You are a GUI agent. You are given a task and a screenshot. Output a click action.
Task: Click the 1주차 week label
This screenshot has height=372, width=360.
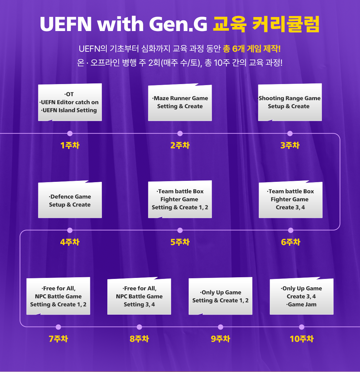pyautogui.click(x=70, y=145)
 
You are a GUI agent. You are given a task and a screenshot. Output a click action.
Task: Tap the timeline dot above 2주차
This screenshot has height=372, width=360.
pyautogui.click(x=180, y=133)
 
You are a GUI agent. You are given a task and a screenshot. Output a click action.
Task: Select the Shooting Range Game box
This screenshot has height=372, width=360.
pyautogui.click(x=290, y=102)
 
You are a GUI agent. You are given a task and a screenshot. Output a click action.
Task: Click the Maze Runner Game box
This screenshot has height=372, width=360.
pyautogui.click(x=180, y=102)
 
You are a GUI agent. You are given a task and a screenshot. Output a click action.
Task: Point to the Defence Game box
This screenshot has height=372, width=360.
pyautogui.click(x=70, y=200)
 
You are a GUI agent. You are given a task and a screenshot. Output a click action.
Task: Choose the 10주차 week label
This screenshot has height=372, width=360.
pyautogui.click(x=301, y=339)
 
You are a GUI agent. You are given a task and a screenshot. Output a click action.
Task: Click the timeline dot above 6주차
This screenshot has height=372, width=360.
pyautogui.click(x=291, y=230)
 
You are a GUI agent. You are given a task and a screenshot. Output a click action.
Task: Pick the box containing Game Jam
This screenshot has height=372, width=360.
pyautogui.click(x=301, y=296)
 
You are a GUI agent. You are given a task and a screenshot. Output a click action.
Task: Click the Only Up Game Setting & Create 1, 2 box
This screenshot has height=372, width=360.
pyautogui.click(x=220, y=296)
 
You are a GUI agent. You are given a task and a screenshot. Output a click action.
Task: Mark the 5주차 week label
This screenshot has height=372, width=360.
pyautogui.click(x=180, y=242)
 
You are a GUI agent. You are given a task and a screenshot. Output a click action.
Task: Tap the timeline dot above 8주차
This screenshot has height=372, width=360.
pyautogui.click(x=139, y=327)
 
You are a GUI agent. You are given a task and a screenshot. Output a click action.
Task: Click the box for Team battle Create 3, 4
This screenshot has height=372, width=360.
pyautogui.click(x=290, y=200)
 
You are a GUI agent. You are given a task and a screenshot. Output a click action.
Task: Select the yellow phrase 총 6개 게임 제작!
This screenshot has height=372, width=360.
pyautogui.click(x=252, y=49)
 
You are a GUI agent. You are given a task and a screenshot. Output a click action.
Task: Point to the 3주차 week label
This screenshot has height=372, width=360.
pyautogui.click(x=290, y=145)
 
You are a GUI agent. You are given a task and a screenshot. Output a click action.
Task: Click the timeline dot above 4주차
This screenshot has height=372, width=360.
pyautogui.click(x=70, y=230)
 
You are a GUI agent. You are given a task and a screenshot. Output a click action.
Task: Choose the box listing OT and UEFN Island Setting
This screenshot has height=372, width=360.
pyautogui.click(x=70, y=102)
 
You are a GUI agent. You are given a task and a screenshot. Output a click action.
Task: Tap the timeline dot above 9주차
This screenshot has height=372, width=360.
pyautogui.click(x=220, y=327)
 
